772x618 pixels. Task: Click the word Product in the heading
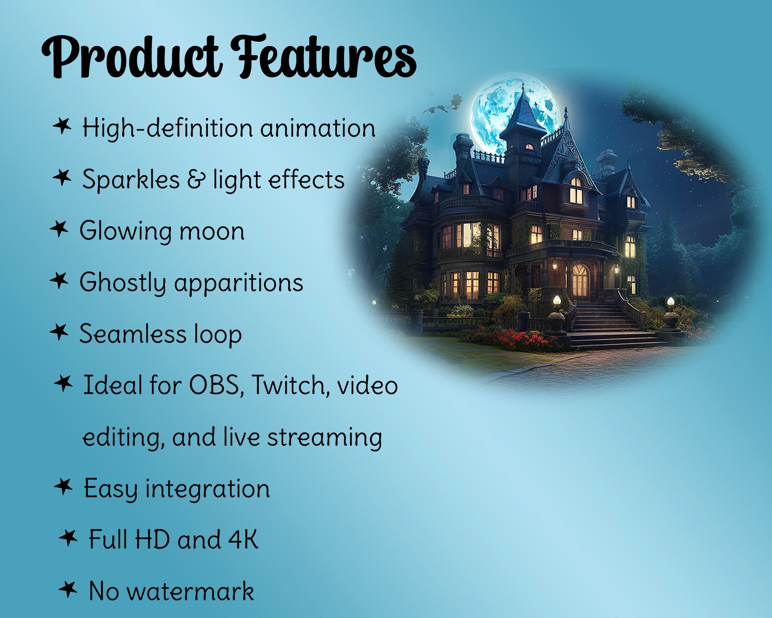(x=131, y=57)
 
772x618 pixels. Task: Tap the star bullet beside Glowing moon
(x=59, y=229)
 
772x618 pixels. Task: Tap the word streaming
(x=325, y=438)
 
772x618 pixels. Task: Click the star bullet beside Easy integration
(x=63, y=486)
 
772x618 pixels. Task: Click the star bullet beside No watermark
(x=68, y=589)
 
